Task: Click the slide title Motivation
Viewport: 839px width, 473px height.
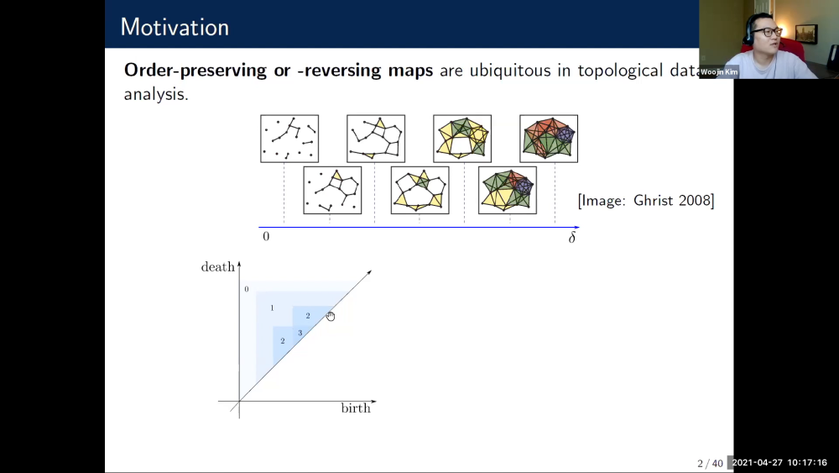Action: coord(175,27)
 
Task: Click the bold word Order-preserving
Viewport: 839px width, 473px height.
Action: coord(195,71)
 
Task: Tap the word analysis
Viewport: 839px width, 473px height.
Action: coord(156,94)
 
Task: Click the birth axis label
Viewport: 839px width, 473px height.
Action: coord(356,409)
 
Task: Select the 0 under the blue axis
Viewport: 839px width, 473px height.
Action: coord(266,237)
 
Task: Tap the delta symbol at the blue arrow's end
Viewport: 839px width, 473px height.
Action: coord(572,237)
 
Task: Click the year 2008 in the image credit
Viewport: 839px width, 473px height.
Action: coord(692,202)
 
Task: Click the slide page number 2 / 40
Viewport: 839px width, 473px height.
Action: coord(710,463)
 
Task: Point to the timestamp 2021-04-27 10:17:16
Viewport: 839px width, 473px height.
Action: coord(779,463)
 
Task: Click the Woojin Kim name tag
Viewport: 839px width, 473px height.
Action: coord(720,72)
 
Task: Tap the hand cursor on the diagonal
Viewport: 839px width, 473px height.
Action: coord(331,316)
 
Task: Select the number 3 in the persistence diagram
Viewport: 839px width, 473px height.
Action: coord(300,334)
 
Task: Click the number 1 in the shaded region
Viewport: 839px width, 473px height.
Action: coord(272,308)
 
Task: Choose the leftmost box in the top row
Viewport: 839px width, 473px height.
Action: coord(289,138)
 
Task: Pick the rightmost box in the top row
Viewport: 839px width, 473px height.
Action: coord(549,138)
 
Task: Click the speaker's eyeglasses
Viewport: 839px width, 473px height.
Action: coord(766,33)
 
